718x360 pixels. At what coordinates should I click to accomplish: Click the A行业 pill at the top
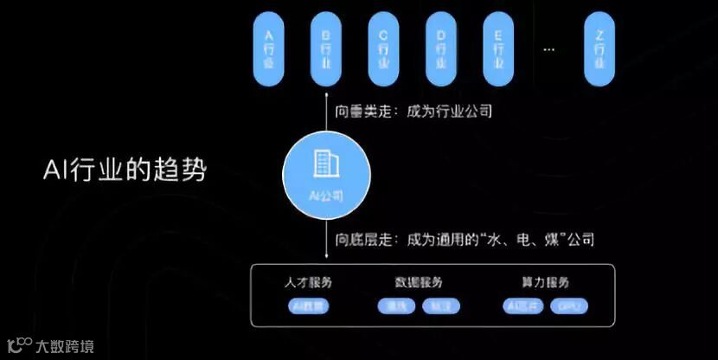pos(268,48)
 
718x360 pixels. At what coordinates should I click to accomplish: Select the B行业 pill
pos(326,48)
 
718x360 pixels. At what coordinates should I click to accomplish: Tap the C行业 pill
pos(383,48)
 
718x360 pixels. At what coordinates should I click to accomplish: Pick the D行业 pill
pos(440,48)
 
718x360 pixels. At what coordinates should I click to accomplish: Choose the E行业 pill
pos(497,48)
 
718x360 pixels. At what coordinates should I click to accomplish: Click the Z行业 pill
pos(599,48)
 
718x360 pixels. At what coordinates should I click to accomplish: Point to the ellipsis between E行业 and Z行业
pos(548,49)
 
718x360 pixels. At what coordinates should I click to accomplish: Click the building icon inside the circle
pos(326,163)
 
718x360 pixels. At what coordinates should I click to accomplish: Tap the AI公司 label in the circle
pos(326,196)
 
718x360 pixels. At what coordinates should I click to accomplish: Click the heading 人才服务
pos(308,283)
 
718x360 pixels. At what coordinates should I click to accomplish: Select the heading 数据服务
pos(419,283)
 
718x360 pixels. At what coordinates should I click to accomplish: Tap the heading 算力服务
pos(545,283)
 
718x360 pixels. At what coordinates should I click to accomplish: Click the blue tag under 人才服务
pos(308,305)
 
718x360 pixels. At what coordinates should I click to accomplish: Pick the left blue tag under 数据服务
pos(396,306)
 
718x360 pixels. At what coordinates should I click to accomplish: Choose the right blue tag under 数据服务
pos(440,306)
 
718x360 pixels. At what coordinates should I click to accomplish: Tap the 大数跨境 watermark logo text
pos(65,347)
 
